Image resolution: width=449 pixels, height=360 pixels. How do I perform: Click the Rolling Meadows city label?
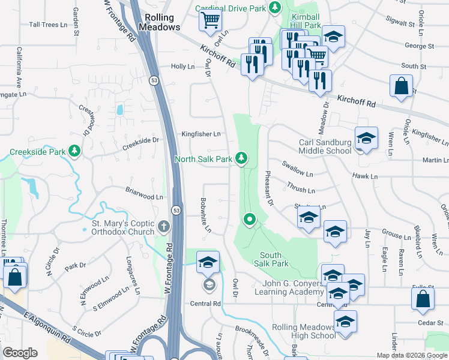[x=159, y=22]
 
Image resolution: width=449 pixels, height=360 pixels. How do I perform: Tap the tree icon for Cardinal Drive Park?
[x=275, y=8]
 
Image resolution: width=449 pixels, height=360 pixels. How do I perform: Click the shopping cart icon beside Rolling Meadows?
[x=211, y=21]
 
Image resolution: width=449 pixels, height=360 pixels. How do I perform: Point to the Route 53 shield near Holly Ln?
[x=154, y=80]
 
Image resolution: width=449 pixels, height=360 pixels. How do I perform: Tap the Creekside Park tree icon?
[x=74, y=151]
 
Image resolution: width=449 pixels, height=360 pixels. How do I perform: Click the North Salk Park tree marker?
[x=241, y=158]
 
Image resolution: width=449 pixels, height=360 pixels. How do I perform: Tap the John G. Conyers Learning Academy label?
[x=292, y=287]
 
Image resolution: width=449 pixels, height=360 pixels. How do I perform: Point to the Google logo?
[x=20, y=353]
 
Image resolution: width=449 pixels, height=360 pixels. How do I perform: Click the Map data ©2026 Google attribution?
[x=412, y=355]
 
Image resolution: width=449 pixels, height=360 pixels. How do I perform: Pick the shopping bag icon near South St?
[x=401, y=86]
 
